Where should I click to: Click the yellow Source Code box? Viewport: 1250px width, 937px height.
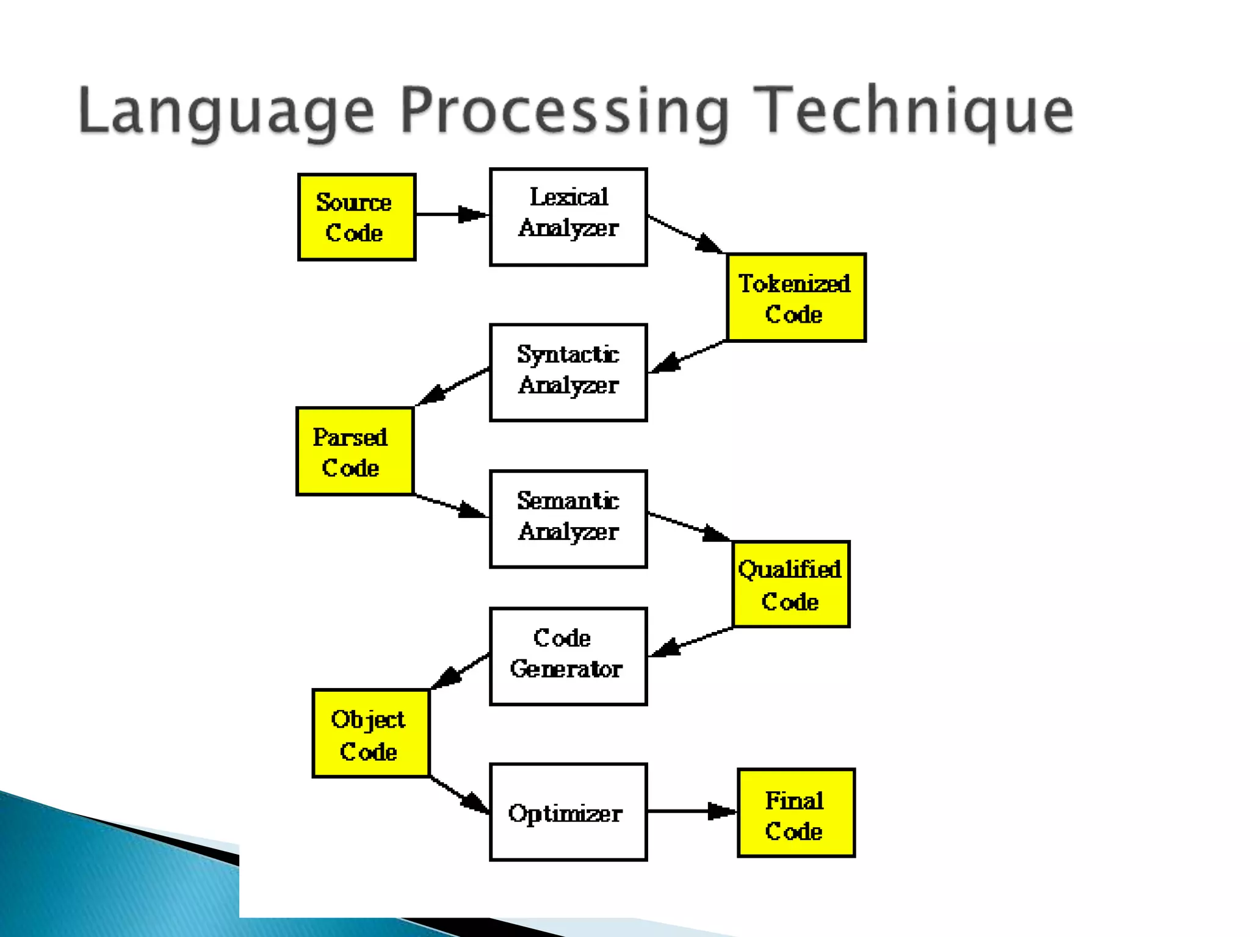(x=357, y=217)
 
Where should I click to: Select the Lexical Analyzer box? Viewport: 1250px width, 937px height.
(x=568, y=217)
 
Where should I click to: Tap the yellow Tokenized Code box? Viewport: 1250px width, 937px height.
(x=796, y=298)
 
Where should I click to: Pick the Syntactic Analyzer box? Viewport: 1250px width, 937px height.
(x=568, y=373)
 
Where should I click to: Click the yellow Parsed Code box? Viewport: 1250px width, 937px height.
(x=355, y=451)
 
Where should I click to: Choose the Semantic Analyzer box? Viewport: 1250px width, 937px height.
(x=568, y=519)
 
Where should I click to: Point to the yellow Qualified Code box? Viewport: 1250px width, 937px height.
(x=791, y=584)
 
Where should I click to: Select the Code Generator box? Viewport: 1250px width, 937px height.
(x=568, y=656)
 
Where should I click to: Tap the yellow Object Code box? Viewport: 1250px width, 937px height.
(x=371, y=733)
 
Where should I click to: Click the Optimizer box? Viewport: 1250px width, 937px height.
(x=568, y=812)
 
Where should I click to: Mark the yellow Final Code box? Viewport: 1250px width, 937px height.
(x=796, y=813)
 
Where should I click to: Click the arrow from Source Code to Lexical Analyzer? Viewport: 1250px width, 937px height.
(x=452, y=215)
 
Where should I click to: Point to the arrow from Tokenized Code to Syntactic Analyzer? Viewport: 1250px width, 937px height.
(x=687, y=356)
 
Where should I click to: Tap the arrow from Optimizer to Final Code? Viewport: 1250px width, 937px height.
(x=692, y=811)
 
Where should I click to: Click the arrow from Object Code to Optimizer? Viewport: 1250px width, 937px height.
(x=459, y=794)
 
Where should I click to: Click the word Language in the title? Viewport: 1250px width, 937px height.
(x=226, y=111)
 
